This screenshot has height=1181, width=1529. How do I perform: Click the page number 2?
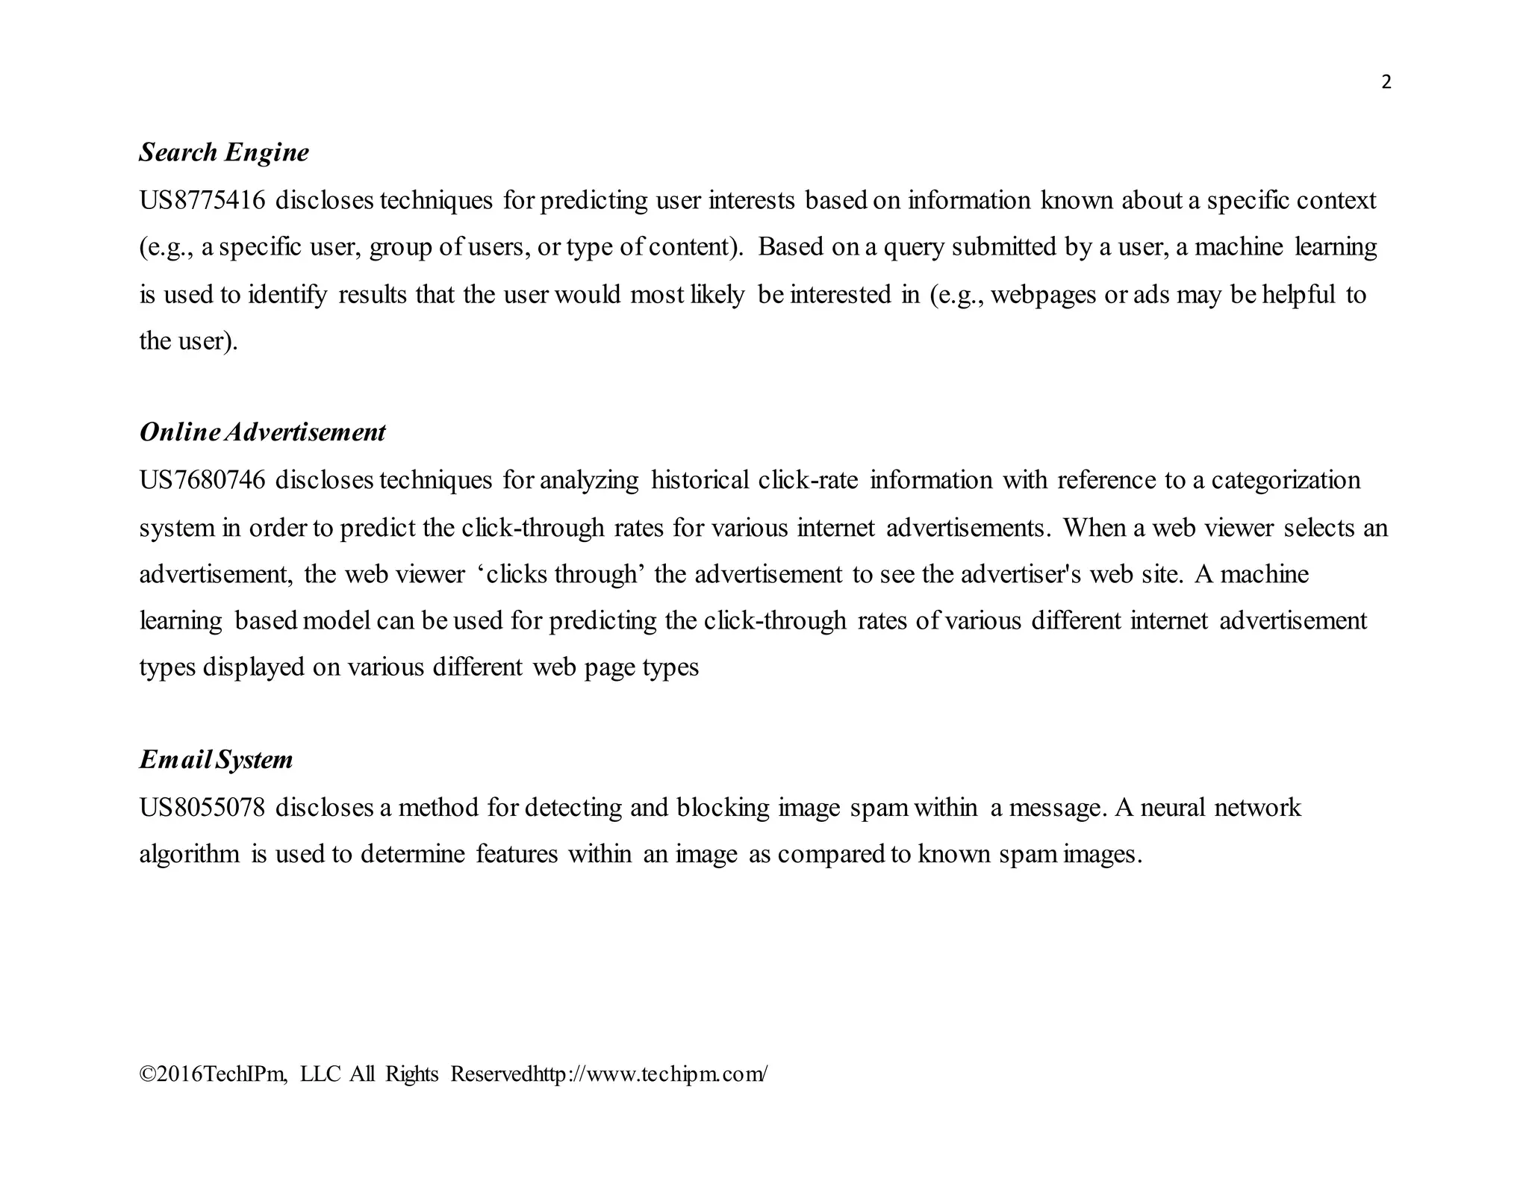(x=1386, y=82)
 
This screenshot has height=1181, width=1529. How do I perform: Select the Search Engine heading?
(x=224, y=152)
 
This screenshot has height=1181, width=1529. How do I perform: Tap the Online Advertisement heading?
(x=262, y=432)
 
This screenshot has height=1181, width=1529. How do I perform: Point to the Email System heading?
(x=216, y=760)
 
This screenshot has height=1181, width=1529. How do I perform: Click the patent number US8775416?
(x=202, y=201)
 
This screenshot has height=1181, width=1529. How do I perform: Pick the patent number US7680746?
(x=202, y=480)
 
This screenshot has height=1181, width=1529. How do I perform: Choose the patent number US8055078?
(x=202, y=808)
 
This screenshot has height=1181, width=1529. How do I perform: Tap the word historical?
(x=700, y=480)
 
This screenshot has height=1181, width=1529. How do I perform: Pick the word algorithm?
(x=190, y=854)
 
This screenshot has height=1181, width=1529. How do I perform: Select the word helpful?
(x=1298, y=295)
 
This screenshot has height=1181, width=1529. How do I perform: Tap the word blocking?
(x=723, y=808)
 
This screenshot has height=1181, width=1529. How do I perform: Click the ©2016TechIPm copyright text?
(x=213, y=1074)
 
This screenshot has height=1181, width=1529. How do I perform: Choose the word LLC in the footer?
(x=320, y=1074)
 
